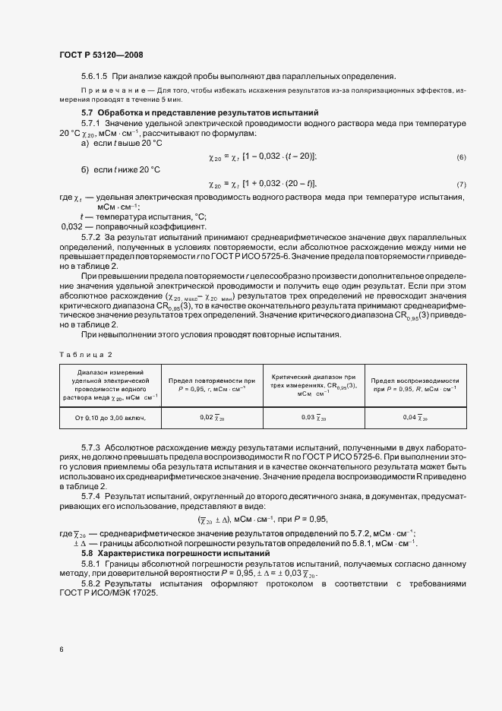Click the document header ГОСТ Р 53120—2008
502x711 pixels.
point(100,55)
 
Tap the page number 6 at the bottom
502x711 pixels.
point(62,649)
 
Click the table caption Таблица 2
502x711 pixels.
point(85,355)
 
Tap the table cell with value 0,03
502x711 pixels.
point(314,417)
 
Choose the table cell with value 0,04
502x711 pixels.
point(415,417)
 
